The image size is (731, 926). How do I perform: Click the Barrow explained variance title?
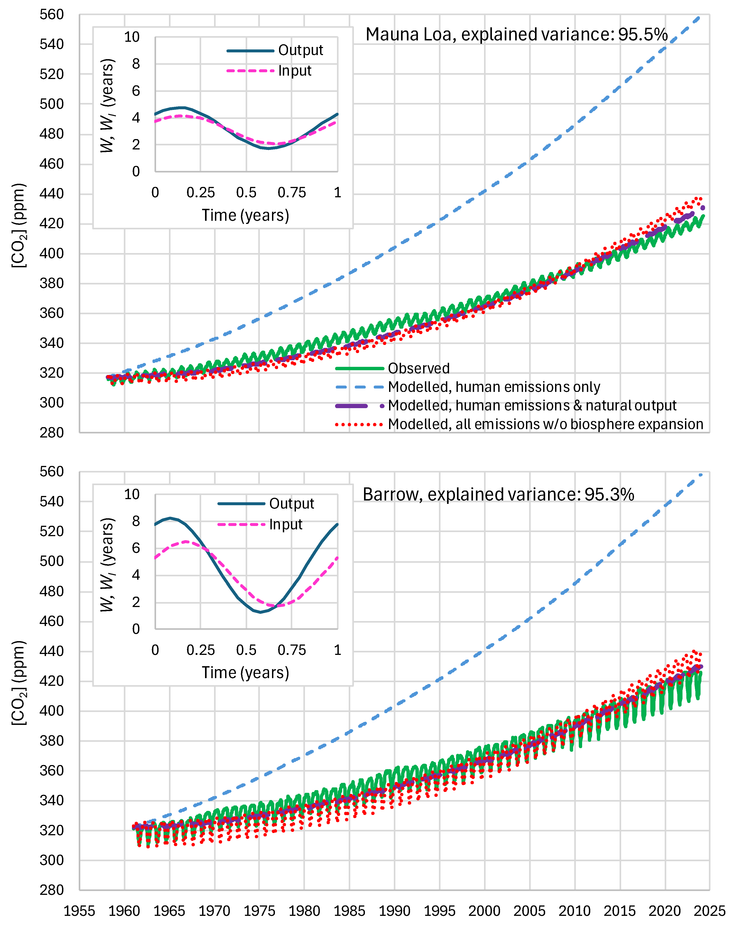(498, 494)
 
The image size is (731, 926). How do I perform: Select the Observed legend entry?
(419, 368)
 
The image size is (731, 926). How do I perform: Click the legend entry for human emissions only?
(494, 387)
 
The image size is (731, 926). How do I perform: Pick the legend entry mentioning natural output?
(532, 405)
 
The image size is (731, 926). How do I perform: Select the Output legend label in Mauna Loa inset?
(300, 50)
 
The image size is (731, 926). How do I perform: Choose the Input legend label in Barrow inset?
(286, 524)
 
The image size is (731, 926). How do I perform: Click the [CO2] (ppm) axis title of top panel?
(19, 225)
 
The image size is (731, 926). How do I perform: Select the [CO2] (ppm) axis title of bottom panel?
(19, 683)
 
